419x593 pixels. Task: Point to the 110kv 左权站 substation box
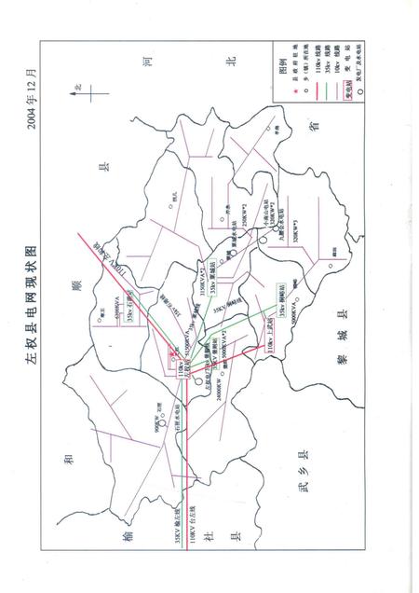[x=174, y=352]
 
